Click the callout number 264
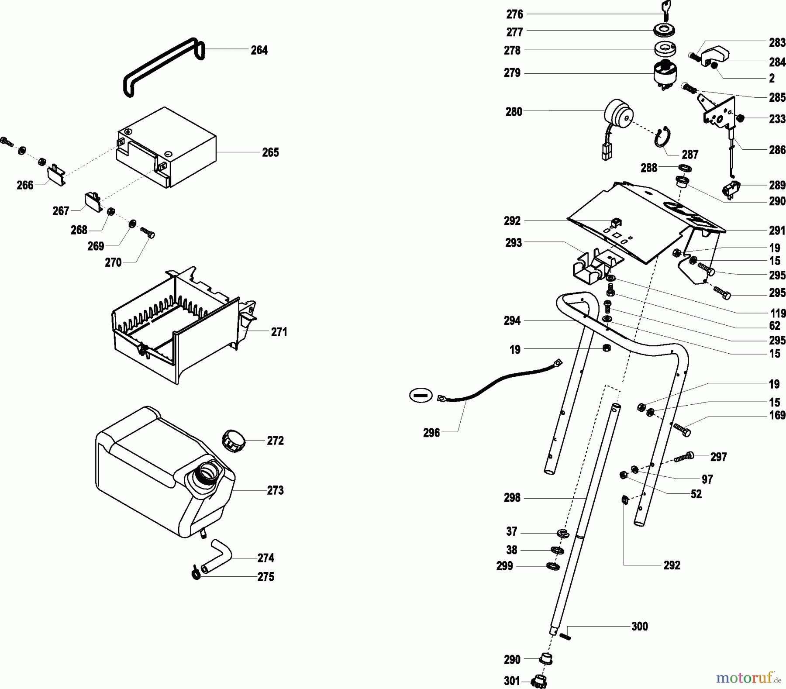259,50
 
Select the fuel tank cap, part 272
234,440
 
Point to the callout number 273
275,490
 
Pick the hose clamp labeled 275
196,572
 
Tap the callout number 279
512,73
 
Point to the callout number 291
777,230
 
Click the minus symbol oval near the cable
420,395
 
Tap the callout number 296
431,433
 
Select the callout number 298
512,498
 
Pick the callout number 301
512,681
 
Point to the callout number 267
61,211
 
